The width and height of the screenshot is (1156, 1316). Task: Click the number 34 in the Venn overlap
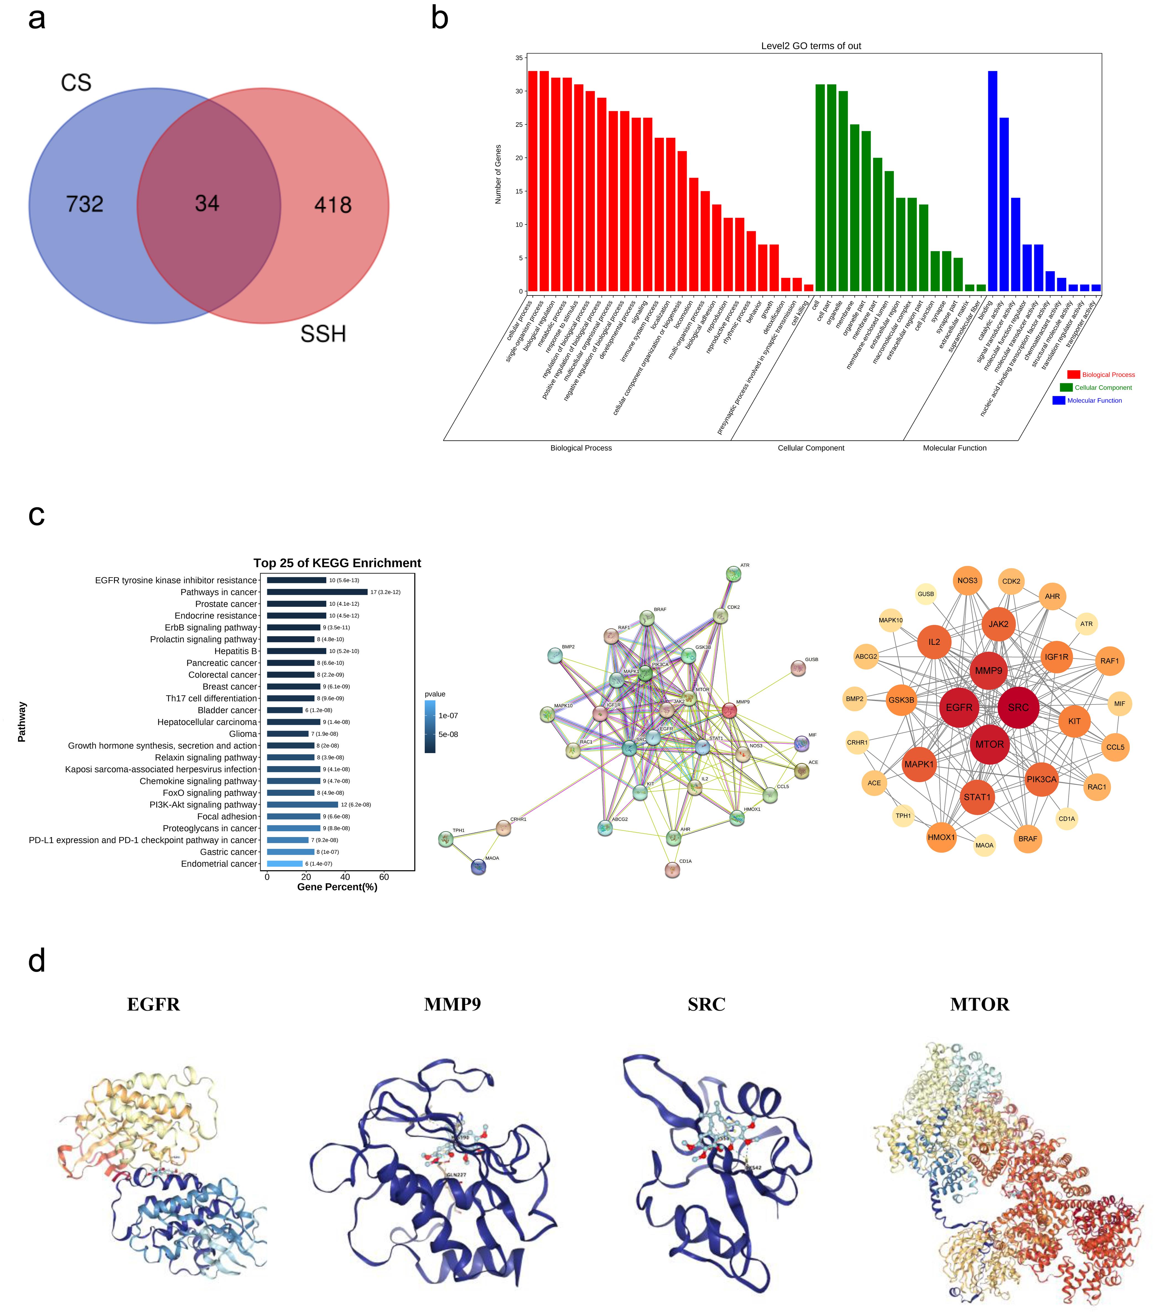tap(207, 203)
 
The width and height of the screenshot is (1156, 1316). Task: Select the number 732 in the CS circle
tap(84, 204)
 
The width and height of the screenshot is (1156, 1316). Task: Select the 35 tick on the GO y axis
tap(519, 58)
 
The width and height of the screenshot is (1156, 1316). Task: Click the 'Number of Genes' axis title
tap(498, 175)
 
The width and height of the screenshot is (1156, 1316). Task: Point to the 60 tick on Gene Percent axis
tap(384, 877)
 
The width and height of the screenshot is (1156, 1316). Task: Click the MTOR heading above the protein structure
tap(979, 1004)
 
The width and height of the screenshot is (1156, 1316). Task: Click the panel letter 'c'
tap(37, 515)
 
